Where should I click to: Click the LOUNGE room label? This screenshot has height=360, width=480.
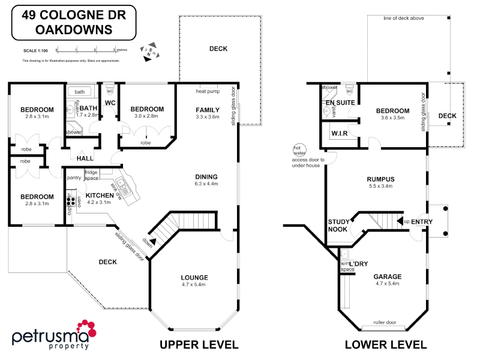coord(194,277)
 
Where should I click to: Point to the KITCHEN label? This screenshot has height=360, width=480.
coord(98,196)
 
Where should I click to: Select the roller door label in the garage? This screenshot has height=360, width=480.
coord(385,322)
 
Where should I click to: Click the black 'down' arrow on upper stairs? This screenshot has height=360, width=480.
coord(153,242)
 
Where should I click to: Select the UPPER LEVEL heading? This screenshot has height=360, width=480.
coord(199,344)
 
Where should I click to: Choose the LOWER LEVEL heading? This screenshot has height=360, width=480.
coord(386,344)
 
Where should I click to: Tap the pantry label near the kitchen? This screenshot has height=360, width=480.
coord(74,178)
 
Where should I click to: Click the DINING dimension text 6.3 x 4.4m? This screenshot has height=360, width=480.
coord(206,184)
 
